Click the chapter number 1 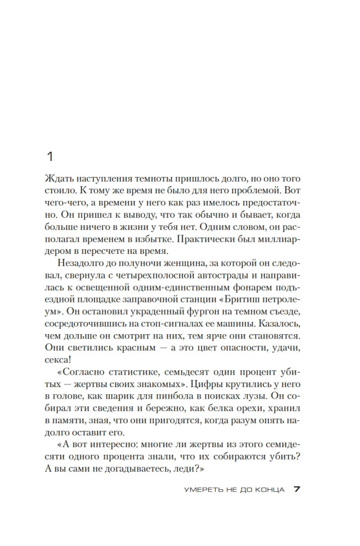click(x=50, y=157)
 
